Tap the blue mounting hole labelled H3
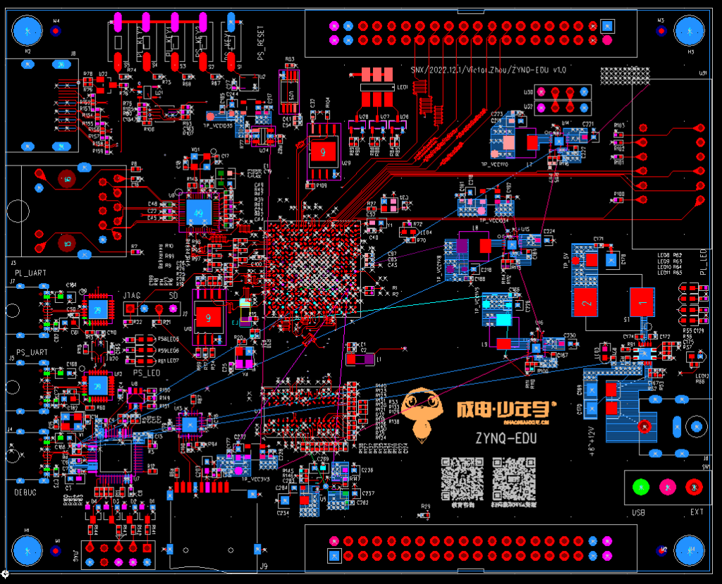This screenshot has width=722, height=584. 690,32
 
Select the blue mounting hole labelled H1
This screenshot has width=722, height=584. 27,549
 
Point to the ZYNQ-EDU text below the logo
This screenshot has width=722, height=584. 506,437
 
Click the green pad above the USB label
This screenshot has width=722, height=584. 640,486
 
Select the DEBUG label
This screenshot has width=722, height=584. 26,492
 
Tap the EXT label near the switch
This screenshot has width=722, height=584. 697,512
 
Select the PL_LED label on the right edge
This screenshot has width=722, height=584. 703,261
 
